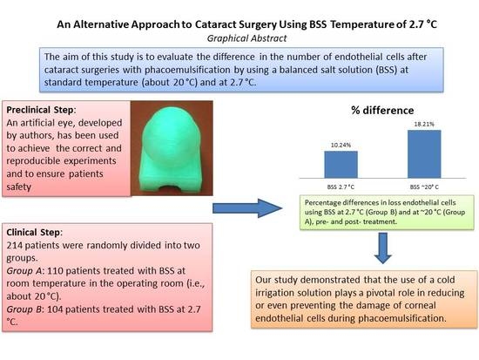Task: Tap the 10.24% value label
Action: (341, 144)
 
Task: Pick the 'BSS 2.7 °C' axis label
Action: (341, 187)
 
